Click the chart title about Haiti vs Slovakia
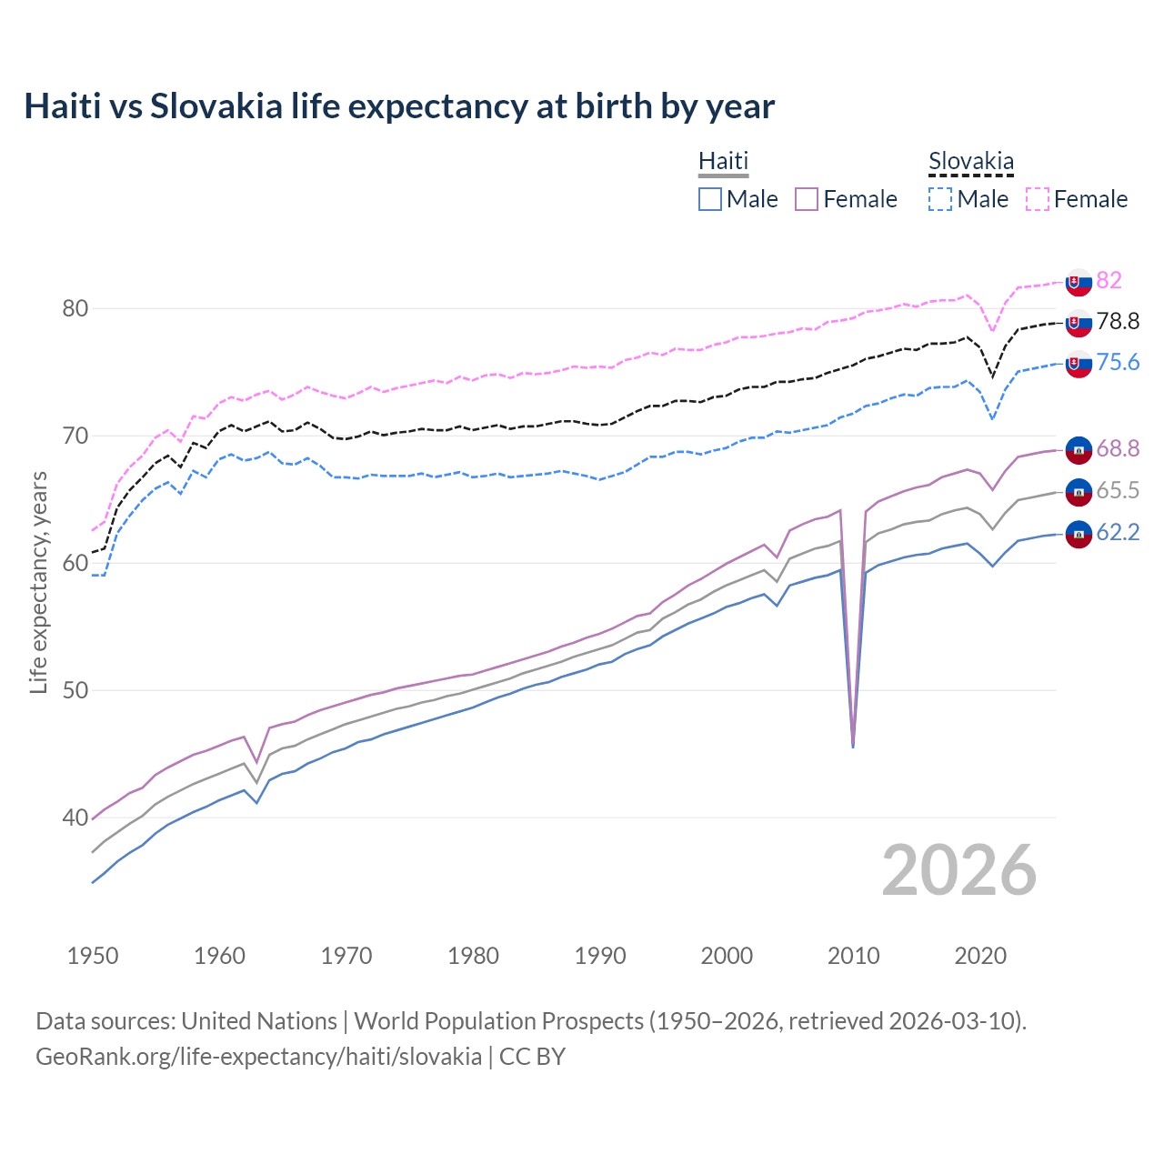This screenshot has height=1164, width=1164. pos(399,106)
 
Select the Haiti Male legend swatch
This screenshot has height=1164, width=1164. pos(710,199)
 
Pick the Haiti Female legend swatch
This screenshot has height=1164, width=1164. pos(807,199)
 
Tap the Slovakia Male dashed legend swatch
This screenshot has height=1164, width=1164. pos(940,199)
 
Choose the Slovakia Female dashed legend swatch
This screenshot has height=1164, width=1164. pos(1038,199)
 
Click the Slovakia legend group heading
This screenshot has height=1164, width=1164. pos(970,162)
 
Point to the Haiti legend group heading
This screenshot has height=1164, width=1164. pos(723,161)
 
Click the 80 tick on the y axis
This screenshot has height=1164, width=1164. pos(75,309)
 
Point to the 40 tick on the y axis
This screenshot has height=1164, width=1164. pos(75,818)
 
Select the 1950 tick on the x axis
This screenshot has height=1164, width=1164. pos(93,956)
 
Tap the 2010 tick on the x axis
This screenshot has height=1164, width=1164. pos(854,956)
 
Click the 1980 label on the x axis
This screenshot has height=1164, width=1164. pos(473,956)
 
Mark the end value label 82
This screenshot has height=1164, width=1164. pos(1109,280)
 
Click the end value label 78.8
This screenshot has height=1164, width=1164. pos(1118,321)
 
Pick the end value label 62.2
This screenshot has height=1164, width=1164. pos(1118,532)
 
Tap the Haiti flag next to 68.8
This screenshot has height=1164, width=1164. pos(1079,449)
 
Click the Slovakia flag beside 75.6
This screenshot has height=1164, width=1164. pos(1079,364)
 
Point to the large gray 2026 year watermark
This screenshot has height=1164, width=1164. pos(958,870)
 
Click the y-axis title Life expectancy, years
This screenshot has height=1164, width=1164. pos(38,582)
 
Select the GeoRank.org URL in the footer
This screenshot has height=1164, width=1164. pos(258,1057)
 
